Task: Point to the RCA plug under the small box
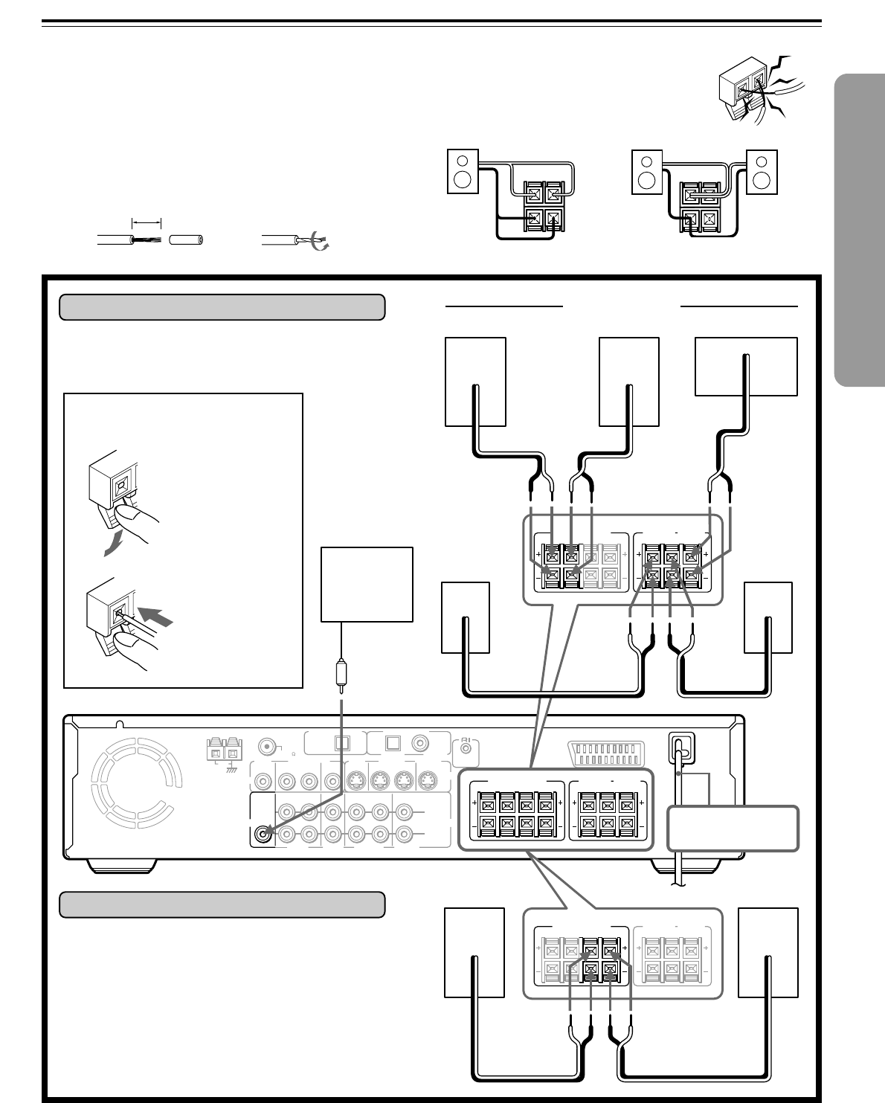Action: click(341, 672)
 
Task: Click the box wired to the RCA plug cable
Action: click(367, 585)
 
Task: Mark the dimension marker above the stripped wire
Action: click(147, 222)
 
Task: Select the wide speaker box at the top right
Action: click(746, 366)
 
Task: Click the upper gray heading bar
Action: click(222, 306)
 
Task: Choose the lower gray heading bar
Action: click(222, 904)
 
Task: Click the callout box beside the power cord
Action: click(733, 828)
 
